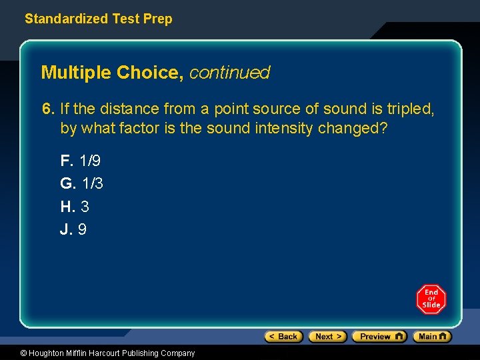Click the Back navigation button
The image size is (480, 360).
pyautogui.click(x=284, y=337)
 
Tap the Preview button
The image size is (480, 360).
pyautogui.click(x=379, y=337)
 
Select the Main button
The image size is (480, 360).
pyautogui.click(x=432, y=337)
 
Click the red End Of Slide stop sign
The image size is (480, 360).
pyautogui.click(x=431, y=299)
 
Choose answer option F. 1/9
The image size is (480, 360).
pyautogui.click(x=81, y=161)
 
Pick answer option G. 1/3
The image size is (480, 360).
pyautogui.click(x=82, y=183)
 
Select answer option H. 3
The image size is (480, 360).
pyautogui.click(x=75, y=206)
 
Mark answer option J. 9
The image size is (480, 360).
pyautogui.click(x=73, y=229)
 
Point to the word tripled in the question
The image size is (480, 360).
pyautogui.click(x=410, y=109)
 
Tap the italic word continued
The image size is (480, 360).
pyautogui.click(x=229, y=73)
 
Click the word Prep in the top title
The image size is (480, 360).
pyautogui.click(x=157, y=19)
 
